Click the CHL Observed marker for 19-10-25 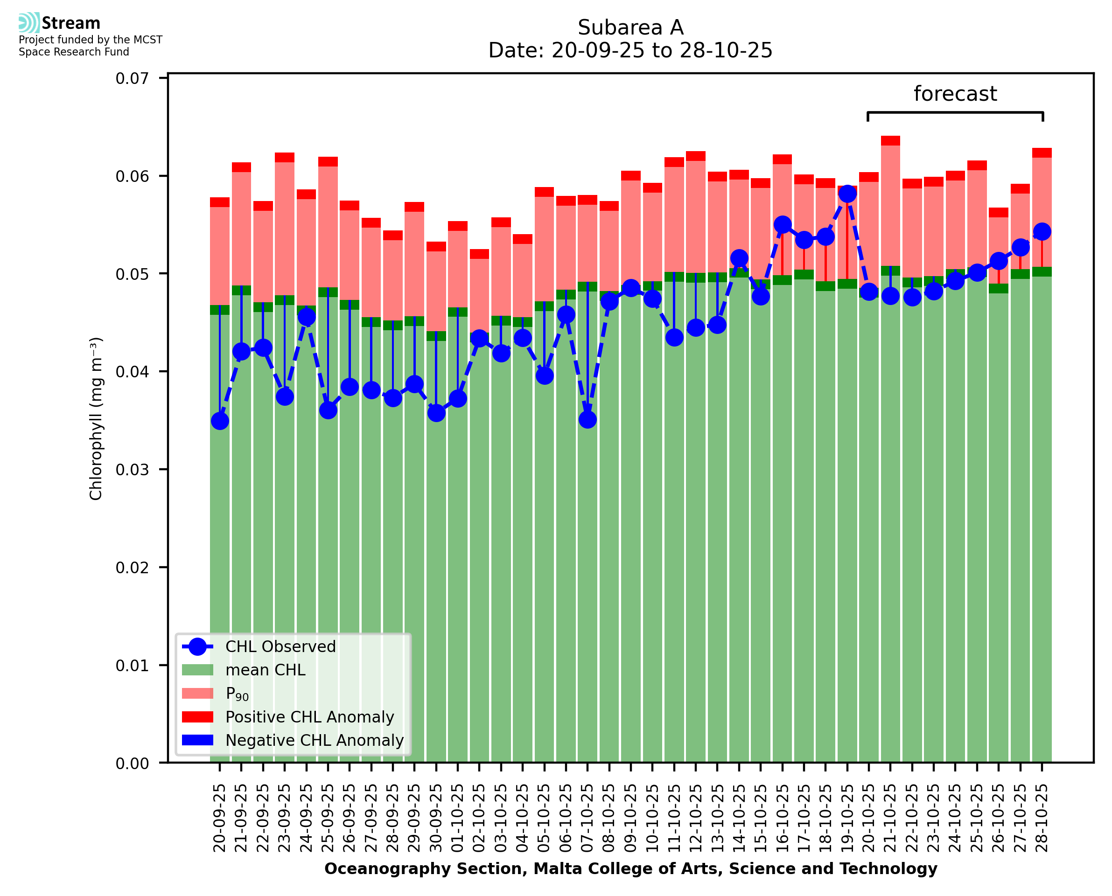[x=847, y=194]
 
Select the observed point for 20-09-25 [x=220, y=421]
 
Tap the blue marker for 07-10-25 [x=587, y=420]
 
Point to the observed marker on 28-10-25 [x=1042, y=231]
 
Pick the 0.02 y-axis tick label [x=132, y=568]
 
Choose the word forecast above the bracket [x=955, y=94]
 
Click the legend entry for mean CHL [x=266, y=670]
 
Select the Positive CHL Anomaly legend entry [x=309, y=717]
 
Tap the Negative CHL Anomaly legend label [x=315, y=740]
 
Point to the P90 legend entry [x=237, y=694]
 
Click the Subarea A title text [x=630, y=28]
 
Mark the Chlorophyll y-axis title [x=96, y=418]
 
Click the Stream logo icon [x=29, y=23]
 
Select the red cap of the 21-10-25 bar [x=890, y=140]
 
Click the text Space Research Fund [x=74, y=52]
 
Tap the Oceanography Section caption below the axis [x=630, y=868]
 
